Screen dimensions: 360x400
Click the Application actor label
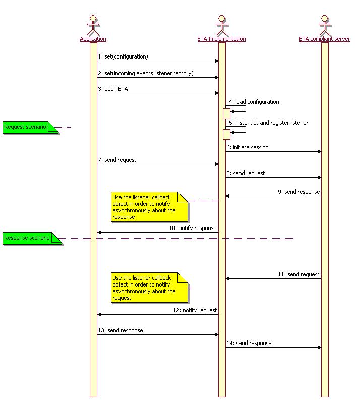pos(93,39)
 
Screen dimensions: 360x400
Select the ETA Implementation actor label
pos(221,39)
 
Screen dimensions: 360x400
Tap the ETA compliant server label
pos(325,39)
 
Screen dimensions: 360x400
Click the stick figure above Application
pos(93,25)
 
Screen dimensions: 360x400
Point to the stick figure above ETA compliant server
pos(325,25)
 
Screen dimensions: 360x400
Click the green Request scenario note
pos(30,127)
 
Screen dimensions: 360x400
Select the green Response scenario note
pos(32,238)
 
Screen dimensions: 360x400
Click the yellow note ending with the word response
pos(149,207)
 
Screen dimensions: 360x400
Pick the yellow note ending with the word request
pos(149,288)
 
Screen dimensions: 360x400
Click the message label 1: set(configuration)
pos(123,56)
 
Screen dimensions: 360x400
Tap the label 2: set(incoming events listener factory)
pos(146,73)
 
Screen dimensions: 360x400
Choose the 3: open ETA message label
pos(113,89)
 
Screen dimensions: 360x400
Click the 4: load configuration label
pos(254,102)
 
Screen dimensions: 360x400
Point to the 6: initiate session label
pos(247,147)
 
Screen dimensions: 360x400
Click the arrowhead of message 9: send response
pos(227,196)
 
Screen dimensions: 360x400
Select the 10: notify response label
pos(193,228)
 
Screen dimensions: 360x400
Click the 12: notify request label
pos(195,310)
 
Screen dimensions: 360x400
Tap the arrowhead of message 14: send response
pos(320,347)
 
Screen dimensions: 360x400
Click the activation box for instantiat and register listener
pos(227,135)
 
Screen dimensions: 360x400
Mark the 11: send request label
pos(298,274)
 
